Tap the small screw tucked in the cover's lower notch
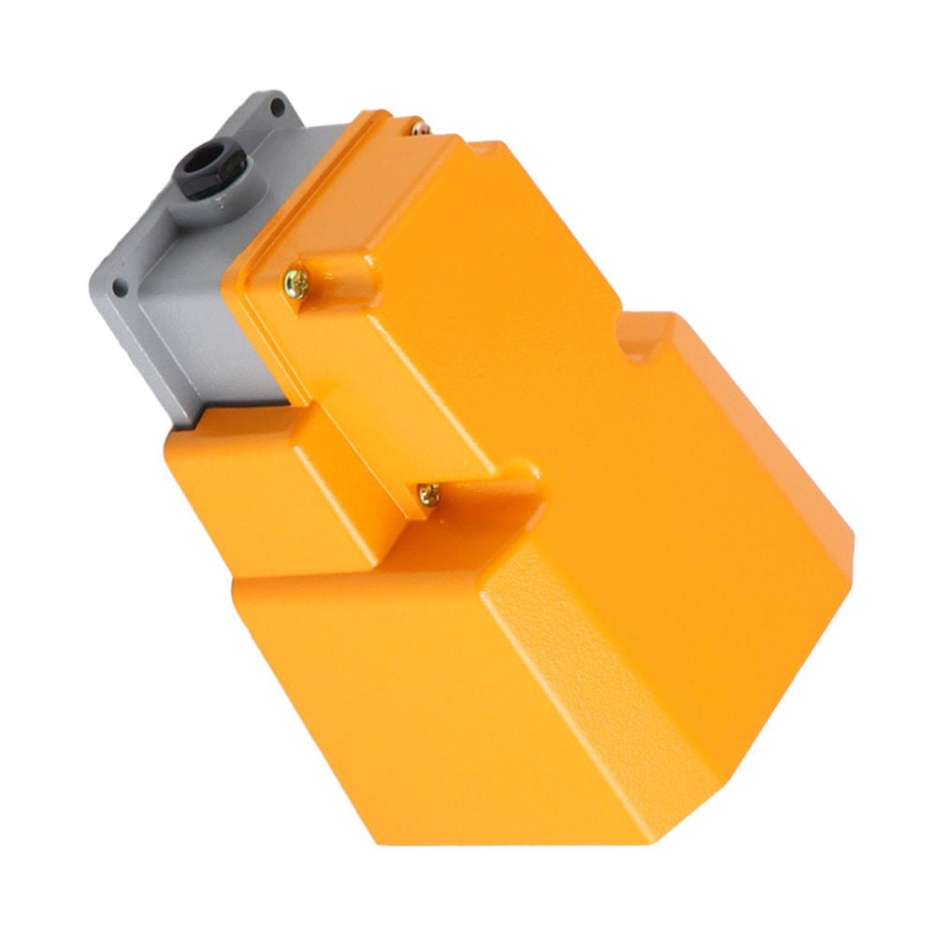point(428,493)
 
